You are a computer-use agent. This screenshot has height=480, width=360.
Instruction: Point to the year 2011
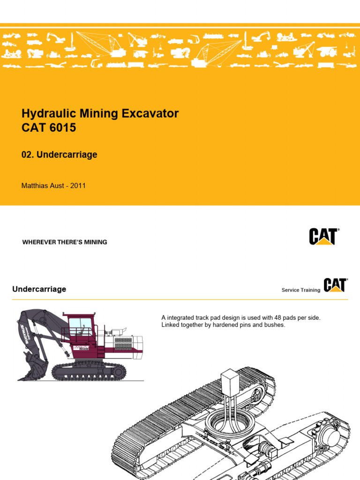click(x=78, y=186)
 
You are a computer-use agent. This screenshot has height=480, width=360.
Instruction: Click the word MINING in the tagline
click(x=95, y=242)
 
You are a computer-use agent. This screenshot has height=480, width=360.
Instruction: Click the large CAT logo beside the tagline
click(x=323, y=236)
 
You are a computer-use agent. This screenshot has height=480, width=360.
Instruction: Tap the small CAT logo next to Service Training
click(x=335, y=285)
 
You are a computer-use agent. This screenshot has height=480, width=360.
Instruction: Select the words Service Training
click(x=301, y=290)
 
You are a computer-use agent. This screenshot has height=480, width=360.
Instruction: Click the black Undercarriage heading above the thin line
click(x=39, y=289)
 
